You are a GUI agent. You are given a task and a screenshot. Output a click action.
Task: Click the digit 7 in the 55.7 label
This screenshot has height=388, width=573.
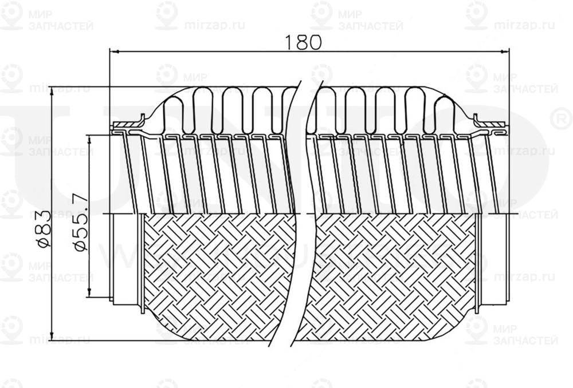[80, 200]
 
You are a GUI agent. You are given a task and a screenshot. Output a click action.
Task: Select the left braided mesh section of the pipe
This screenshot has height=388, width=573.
[218, 275]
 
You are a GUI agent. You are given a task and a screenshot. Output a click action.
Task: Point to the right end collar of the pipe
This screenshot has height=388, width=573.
[493, 258]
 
